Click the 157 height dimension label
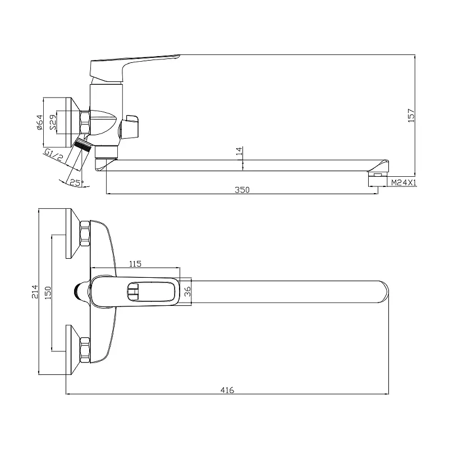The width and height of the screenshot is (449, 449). click(x=411, y=116)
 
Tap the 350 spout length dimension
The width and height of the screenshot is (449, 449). click(x=242, y=190)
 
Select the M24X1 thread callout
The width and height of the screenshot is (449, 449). click(x=404, y=182)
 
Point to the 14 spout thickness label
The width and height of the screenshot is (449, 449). click(x=240, y=151)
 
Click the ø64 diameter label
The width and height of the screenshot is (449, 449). click(x=39, y=122)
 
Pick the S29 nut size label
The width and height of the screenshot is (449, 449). click(x=53, y=122)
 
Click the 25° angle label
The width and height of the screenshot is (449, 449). click(x=76, y=183)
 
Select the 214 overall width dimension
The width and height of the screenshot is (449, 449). click(x=35, y=291)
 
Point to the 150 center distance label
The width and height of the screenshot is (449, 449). click(x=48, y=292)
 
